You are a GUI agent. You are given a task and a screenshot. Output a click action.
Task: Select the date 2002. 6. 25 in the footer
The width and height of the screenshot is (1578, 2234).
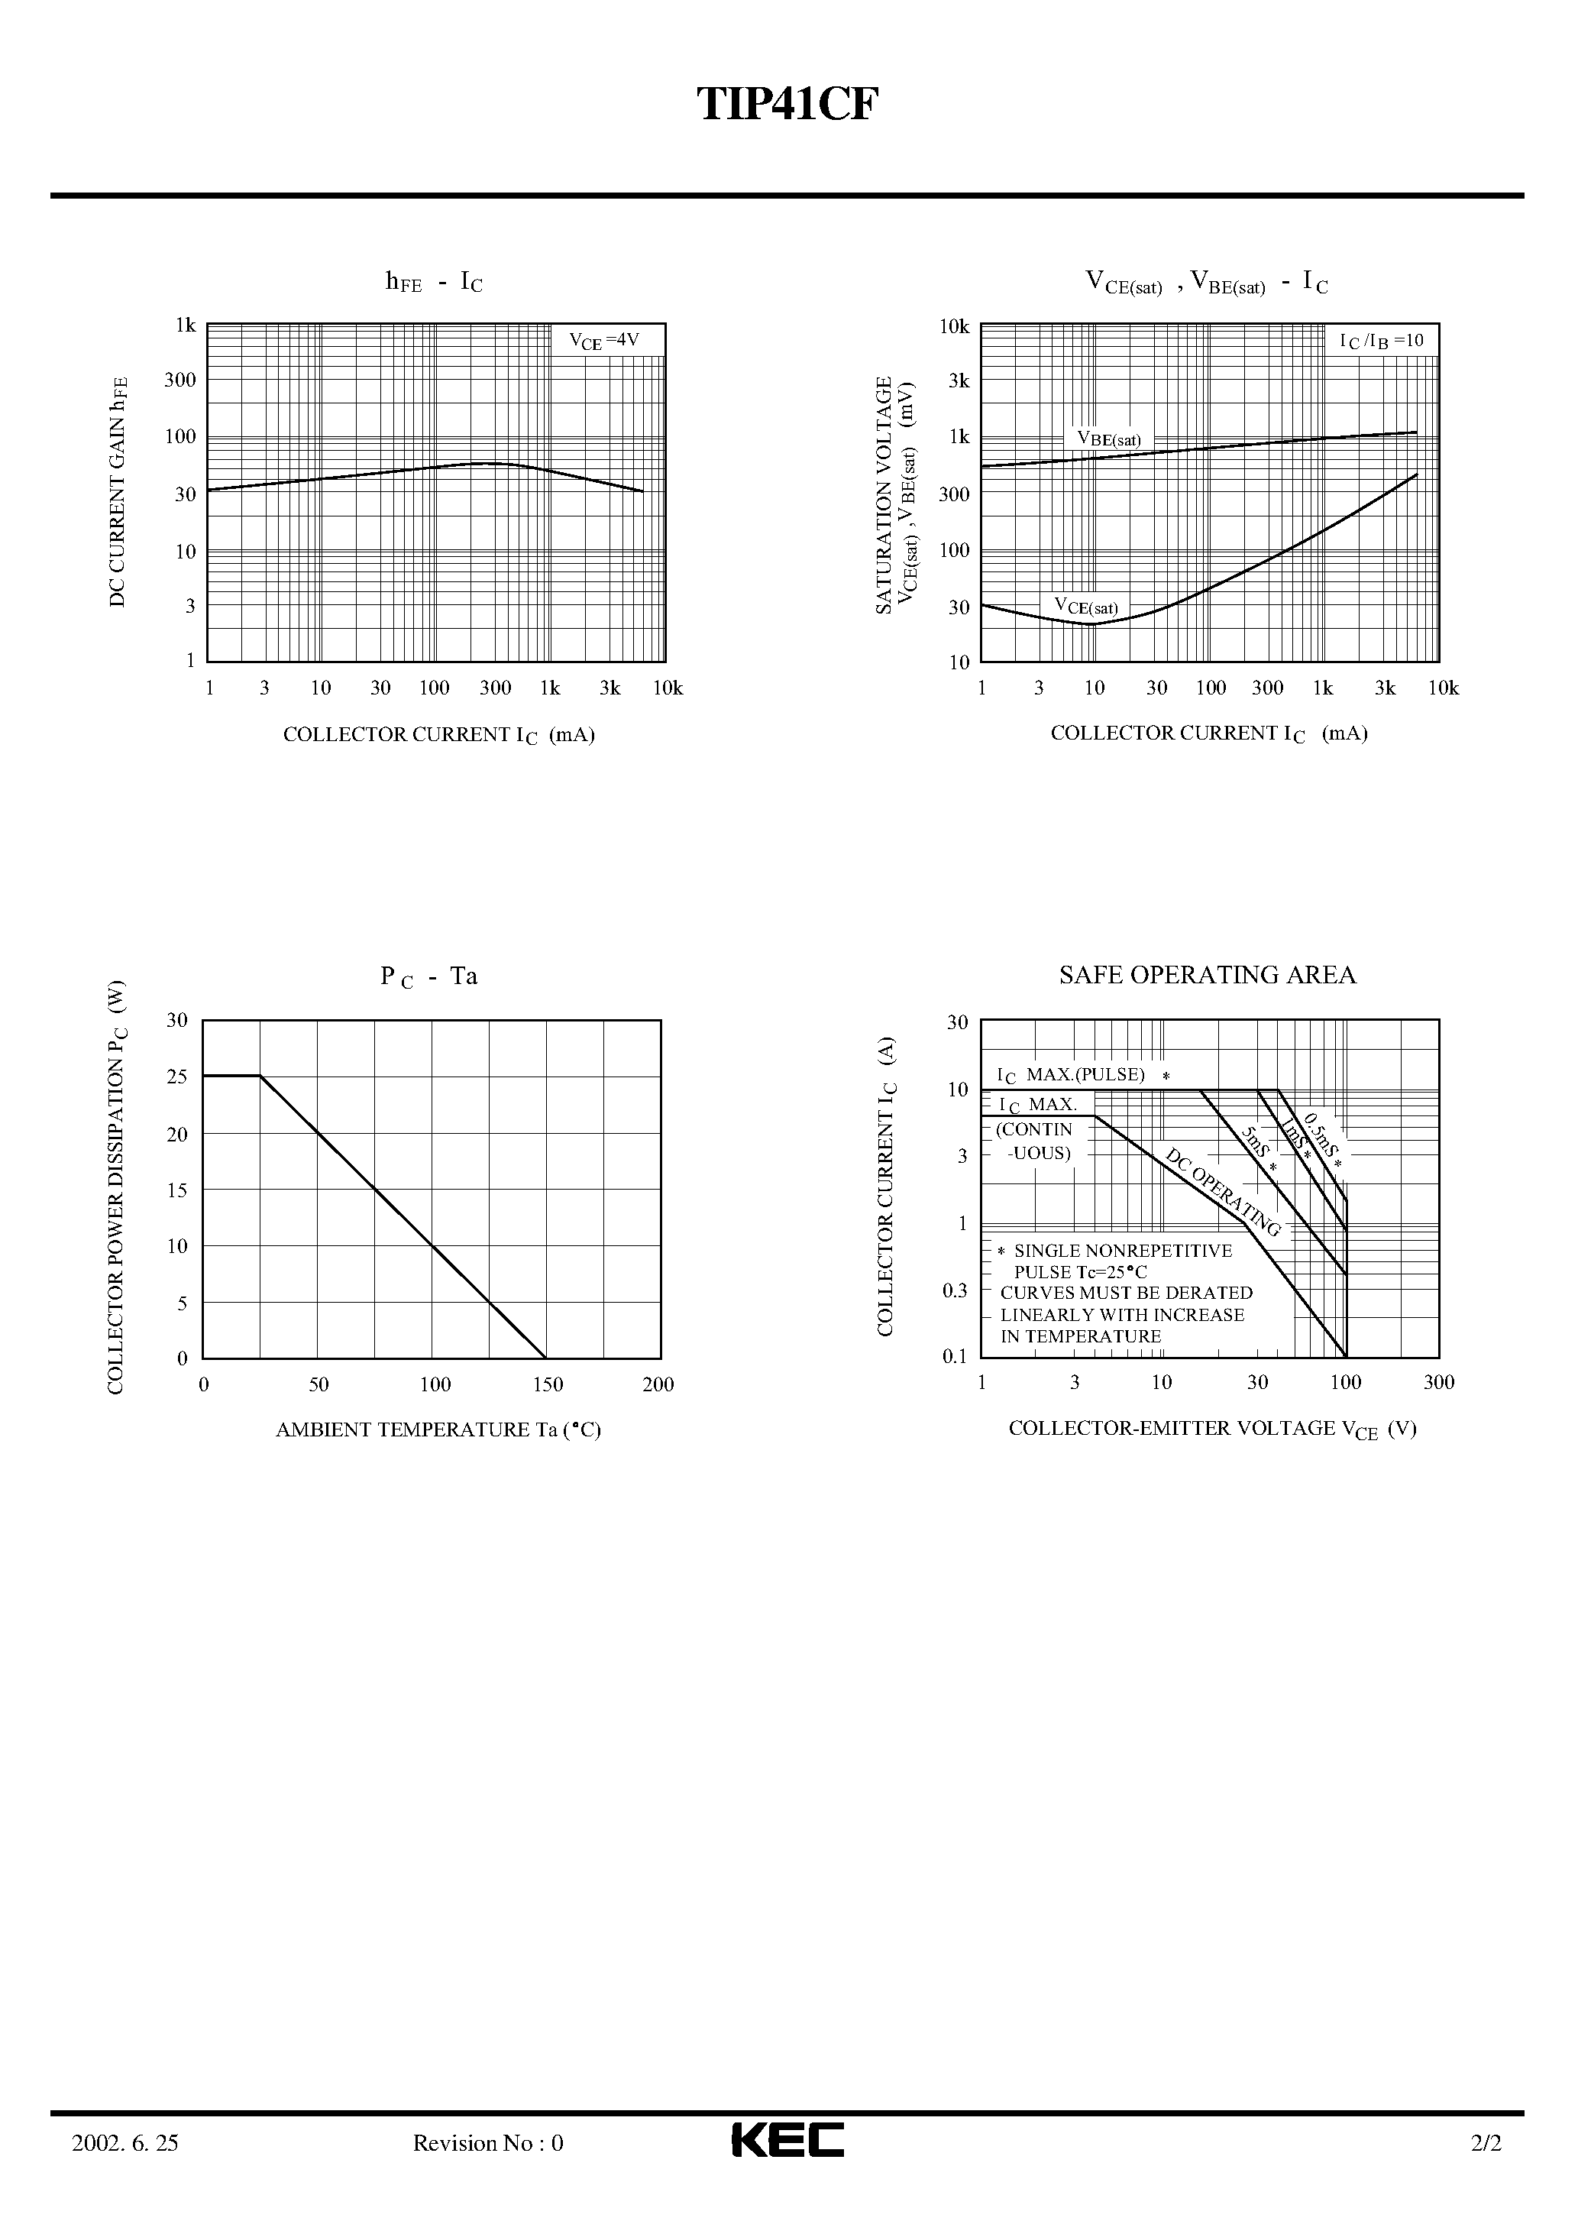pyautogui.click(x=125, y=2166)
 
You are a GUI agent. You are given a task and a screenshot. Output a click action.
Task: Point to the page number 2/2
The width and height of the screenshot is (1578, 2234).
pyautogui.click(x=1486, y=2166)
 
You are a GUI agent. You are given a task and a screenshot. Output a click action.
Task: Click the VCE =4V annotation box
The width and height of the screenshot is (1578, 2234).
pyautogui.click(x=604, y=341)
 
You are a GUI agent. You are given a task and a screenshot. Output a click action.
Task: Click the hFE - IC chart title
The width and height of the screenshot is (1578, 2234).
pyautogui.click(x=434, y=282)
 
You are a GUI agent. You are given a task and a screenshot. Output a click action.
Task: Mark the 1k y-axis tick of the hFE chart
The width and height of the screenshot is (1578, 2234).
pyautogui.click(x=185, y=325)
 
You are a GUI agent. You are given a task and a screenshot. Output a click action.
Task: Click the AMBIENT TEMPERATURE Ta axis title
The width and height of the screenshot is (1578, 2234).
pyautogui.click(x=438, y=1429)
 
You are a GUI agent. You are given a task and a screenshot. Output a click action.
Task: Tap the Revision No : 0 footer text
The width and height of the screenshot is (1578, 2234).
pyautogui.click(x=487, y=2166)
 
